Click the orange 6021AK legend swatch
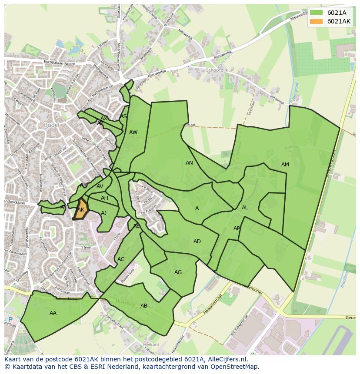click(317, 22)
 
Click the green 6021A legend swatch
click(317, 13)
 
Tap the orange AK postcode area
click(81, 209)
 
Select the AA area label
click(53, 313)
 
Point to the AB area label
click(144, 306)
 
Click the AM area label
click(285, 165)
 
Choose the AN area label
click(189, 163)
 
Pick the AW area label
click(133, 132)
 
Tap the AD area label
click(197, 242)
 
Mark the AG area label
click(178, 272)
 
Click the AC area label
click(121, 259)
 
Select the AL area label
click(245, 208)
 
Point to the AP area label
click(237, 228)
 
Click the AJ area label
click(103, 213)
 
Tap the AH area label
click(104, 198)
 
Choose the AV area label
click(100, 187)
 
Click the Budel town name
click(52, 125)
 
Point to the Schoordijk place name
click(218, 70)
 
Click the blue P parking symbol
click(10, 320)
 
